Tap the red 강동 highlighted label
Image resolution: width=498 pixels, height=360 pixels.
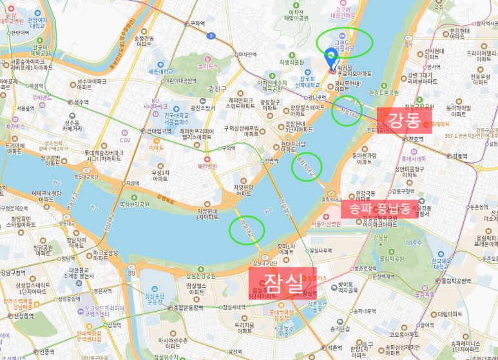coord(404,120)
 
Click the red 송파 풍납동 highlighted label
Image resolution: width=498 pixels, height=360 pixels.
coord(379,208)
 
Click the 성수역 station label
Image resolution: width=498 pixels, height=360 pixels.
coord(81,102)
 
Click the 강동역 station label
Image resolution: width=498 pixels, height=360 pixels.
coord(459,156)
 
